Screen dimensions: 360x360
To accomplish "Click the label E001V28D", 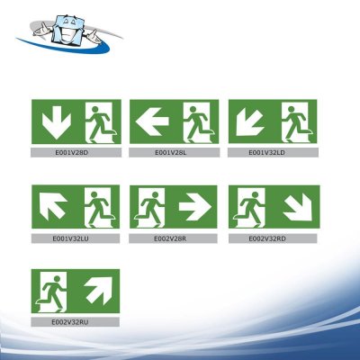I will (x=75, y=153).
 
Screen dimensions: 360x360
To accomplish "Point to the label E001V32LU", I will (x=75, y=239).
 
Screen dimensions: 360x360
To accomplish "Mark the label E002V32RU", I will (x=75, y=321).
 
